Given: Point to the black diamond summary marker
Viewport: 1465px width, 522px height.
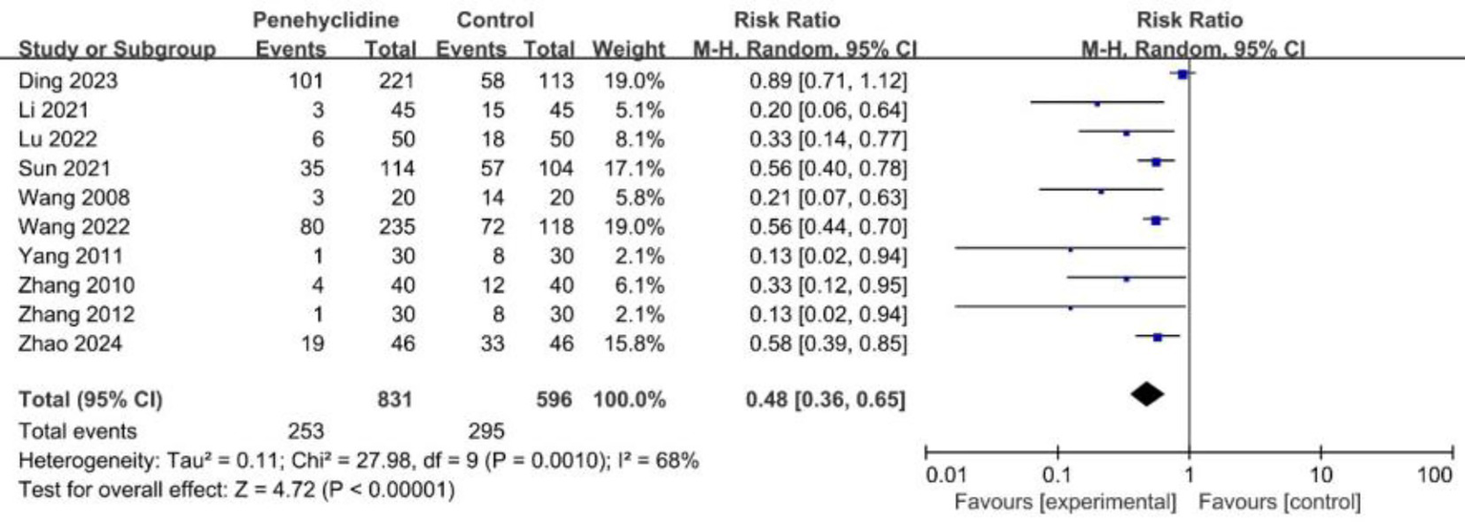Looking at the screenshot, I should pyautogui.click(x=1146, y=393).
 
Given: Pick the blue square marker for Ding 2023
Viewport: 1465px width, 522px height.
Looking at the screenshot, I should pyautogui.click(x=1182, y=74).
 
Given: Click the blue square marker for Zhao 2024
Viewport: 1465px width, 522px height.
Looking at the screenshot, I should pyautogui.click(x=1158, y=337).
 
